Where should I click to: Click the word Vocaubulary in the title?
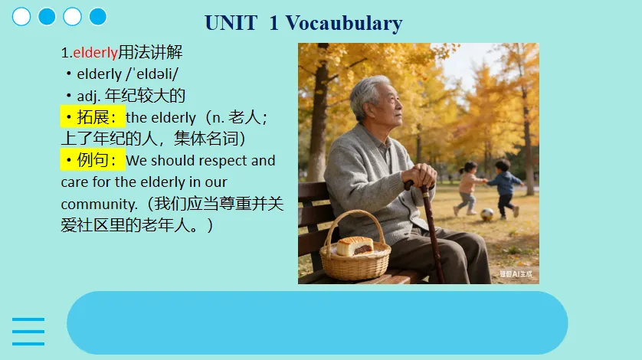[344, 23]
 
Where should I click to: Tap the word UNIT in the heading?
[231, 23]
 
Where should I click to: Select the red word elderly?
[96, 52]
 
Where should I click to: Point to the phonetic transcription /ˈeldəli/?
[152, 74]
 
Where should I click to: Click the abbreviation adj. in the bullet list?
[88, 97]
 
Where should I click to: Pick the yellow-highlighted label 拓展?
[93, 117]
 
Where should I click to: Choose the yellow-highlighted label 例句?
[93, 160]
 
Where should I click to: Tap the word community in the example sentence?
[99, 204]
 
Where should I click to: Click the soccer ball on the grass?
[486, 214]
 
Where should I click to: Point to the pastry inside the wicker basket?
[355, 246]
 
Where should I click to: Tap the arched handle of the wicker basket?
[355, 216]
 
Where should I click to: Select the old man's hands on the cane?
[419, 175]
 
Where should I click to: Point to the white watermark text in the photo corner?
[516, 274]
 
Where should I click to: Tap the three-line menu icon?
[28, 332]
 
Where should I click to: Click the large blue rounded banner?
[317, 322]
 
